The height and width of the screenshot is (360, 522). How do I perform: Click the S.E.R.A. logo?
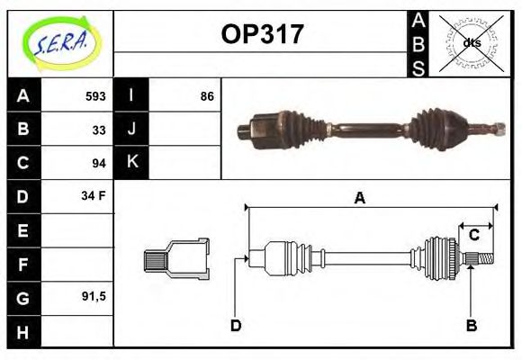(x=60, y=42)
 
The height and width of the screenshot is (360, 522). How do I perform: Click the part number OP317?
(x=262, y=34)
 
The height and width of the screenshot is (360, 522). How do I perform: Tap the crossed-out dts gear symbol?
(x=471, y=42)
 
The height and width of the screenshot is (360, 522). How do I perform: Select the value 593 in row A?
(x=95, y=95)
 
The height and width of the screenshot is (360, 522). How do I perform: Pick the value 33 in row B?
(x=99, y=130)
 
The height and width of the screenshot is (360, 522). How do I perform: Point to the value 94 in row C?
(x=99, y=163)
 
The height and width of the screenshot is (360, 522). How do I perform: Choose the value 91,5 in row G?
(x=94, y=295)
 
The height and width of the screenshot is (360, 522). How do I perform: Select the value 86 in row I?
(x=206, y=95)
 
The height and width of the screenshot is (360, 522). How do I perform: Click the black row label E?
(x=23, y=229)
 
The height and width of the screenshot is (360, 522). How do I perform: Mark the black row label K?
(x=132, y=162)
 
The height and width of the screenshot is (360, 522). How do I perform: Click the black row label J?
(x=132, y=129)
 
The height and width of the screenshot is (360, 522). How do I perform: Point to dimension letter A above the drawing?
(x=359, y=197)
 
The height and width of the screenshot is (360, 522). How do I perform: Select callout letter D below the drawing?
(x=236, y=325)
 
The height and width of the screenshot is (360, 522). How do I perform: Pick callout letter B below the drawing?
(x=471, y=325)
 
